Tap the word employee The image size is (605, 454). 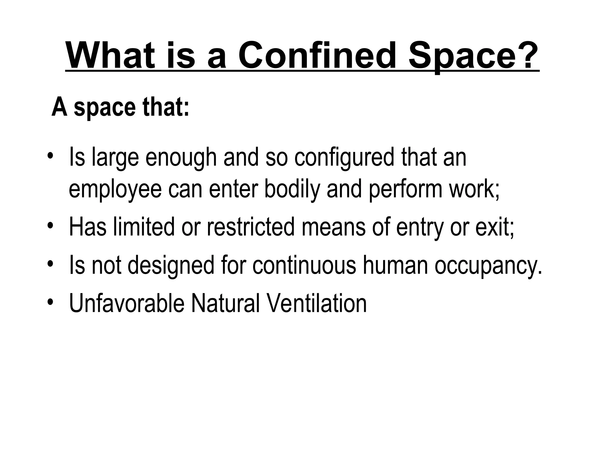coord(115,190)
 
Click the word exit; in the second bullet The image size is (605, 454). coord(495,227)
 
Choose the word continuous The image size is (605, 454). coord(304,265)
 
